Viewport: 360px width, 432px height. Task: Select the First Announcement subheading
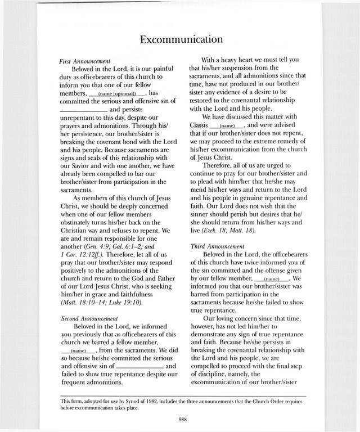point(84,60)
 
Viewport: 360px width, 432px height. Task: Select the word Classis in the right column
point(197,125)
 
